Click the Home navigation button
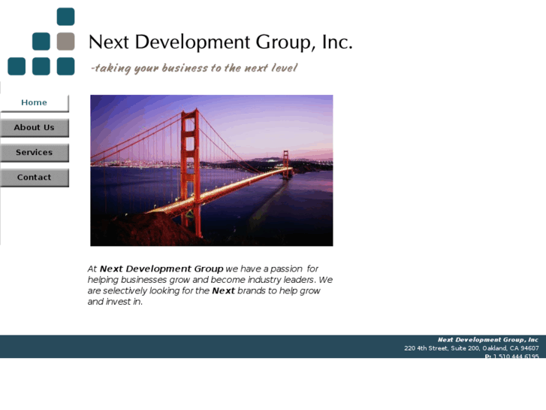click(x=34, y=103)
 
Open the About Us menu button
click(x=34, y=128)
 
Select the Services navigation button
click(x=34, y=153)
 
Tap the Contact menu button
click(x=34, y=178)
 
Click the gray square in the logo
click(x=65, y=41)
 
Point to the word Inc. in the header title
click(x=336, y=42)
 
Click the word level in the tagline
click(x=285, y=68)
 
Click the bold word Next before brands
click(x=223, y=290)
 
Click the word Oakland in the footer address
click(x=487, y=348)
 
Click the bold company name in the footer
click(x=488, y=340)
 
